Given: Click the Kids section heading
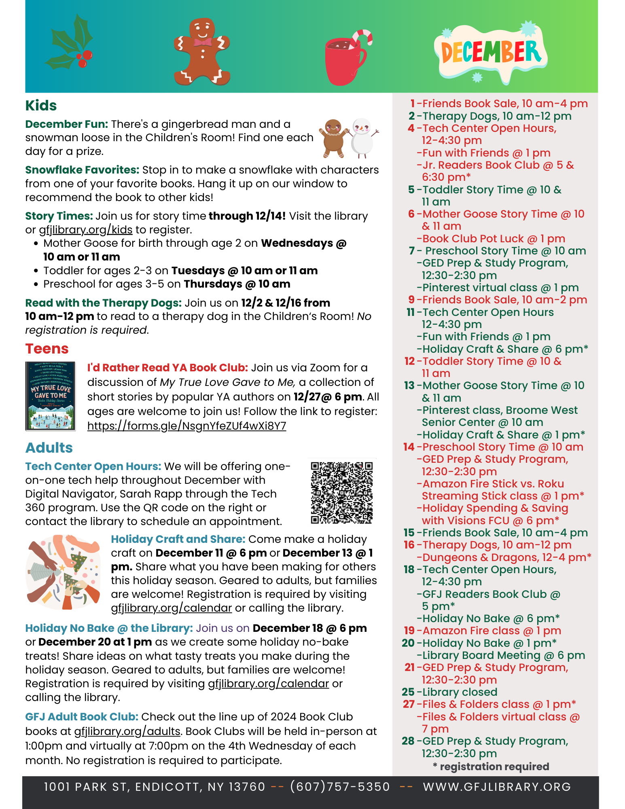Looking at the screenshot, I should (41, 106).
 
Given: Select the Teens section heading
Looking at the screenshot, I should (47, 349).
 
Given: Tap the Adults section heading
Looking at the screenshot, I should (49, 448).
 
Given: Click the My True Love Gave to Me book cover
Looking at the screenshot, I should (51, 396).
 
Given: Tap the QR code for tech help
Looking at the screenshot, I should (342, 492).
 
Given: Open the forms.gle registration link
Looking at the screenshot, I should (186, 426).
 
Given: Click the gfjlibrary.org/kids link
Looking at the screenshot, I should (86, 230).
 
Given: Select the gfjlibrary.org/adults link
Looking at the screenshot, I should (127, 731).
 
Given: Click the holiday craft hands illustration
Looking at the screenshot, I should (64, 572).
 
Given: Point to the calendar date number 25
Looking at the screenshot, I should (408, 692).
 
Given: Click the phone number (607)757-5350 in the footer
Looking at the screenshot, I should (340, 787).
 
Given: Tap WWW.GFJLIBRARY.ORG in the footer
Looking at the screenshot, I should (497, 787).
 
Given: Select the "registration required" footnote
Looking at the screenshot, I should (491, 767).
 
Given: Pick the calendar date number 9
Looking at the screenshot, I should (411, 300).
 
